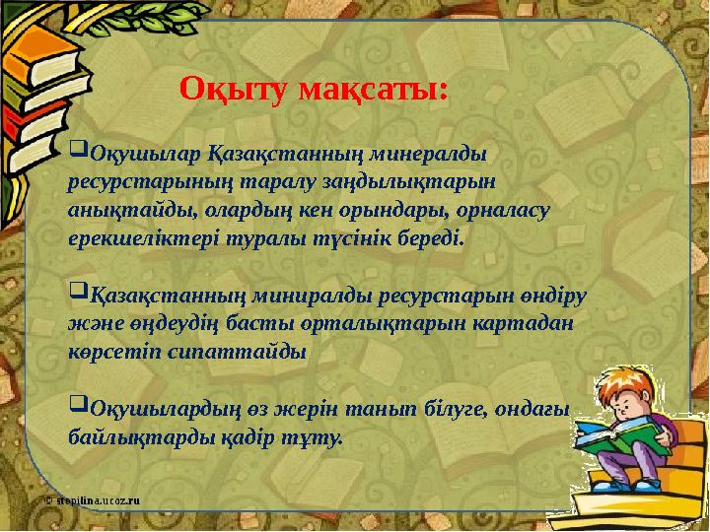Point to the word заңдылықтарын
point(422,183)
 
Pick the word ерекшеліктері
point(130,238)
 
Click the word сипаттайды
point(238,351)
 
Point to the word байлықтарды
point(132,434)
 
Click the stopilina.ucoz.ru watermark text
point(93,499)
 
